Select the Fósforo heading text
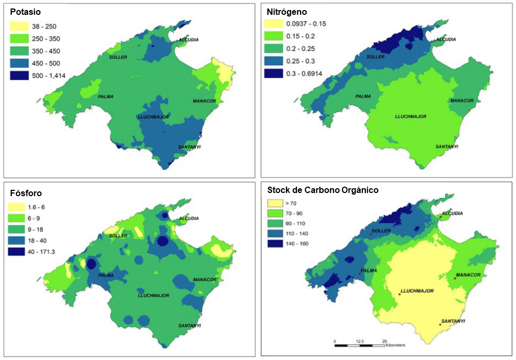click(x=22, y=194)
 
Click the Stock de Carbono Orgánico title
click(x=323, y=190)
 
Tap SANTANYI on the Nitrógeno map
click(x=447, y=146)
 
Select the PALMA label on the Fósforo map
click(x=106, y=275)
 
